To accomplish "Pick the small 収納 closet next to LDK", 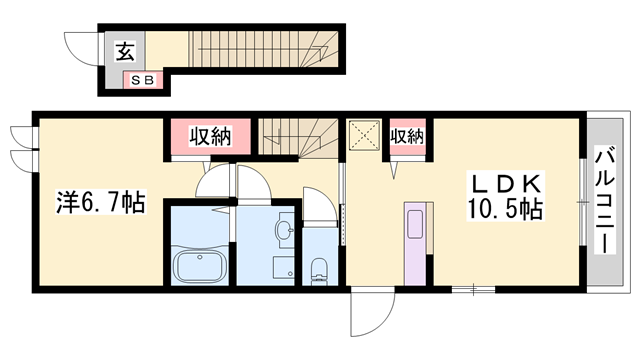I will pyautogui.click(x=406, y=136).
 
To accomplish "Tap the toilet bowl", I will pyautogui.click(x=319, y=268).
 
